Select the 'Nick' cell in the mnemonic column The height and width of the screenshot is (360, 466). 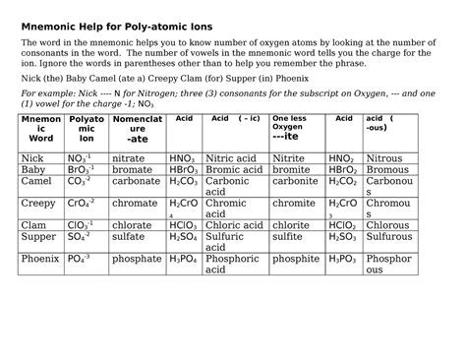tap(32, 157)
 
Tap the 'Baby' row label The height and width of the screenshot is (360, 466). tap(33, 169)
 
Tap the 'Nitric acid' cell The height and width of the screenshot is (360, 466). tap(232, 157)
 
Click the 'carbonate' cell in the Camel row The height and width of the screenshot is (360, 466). tap(136, 181)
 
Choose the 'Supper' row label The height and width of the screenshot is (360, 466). tap(38, 237)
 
